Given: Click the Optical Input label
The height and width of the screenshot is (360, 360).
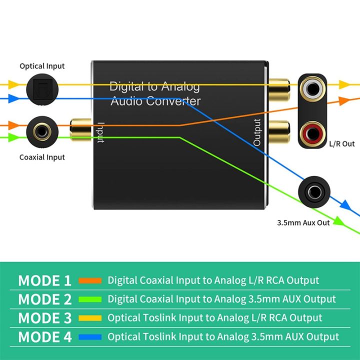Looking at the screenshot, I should pyautogui.click(x=42, y=66).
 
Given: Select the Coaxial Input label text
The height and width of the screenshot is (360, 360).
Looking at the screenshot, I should pyautogui.click(x=42, y=157).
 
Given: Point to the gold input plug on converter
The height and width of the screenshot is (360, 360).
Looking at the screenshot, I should pyautogui.click(x=80, y=128).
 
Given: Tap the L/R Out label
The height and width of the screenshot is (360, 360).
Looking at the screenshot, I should pyautogui.click(x=341, y=144).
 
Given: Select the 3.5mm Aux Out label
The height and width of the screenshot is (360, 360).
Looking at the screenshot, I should pyautogui.click(x=303, y=222).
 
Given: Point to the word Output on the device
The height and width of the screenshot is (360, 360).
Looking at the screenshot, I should pyautogui.click(x=257, y=132).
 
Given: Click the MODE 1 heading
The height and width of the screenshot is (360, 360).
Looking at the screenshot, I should pyautogui.click(x=45, y=280).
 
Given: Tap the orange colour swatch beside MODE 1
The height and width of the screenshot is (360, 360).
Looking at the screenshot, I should pyautogui.click(x=90, y=280).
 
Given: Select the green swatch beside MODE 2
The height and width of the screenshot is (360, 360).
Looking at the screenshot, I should pyautogui.click(x=90, y=299).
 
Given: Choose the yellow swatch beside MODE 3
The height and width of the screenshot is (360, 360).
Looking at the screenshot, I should pyautogui.click(x=90, y=318).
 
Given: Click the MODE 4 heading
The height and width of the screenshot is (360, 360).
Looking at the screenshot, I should pyautogui.click(x=45, y=337).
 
